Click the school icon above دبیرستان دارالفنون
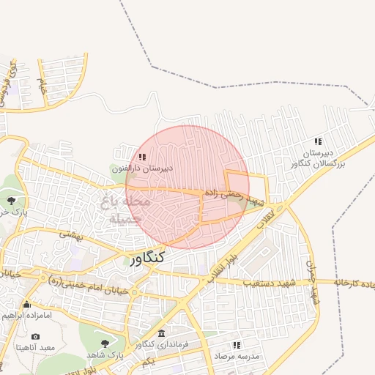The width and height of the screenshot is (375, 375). [x=142, y=156]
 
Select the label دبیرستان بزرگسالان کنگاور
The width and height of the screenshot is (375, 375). [x=314, y=157]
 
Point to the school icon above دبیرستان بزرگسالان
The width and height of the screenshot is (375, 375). [x=317, y=141]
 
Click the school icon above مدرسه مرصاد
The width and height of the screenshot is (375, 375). [x=236, y=344]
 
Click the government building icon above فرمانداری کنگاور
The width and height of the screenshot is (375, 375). [x=161, y=333]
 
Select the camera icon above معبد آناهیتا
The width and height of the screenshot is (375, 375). [x=35, y=336]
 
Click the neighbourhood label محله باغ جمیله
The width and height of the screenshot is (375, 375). [x=125, y=209]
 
